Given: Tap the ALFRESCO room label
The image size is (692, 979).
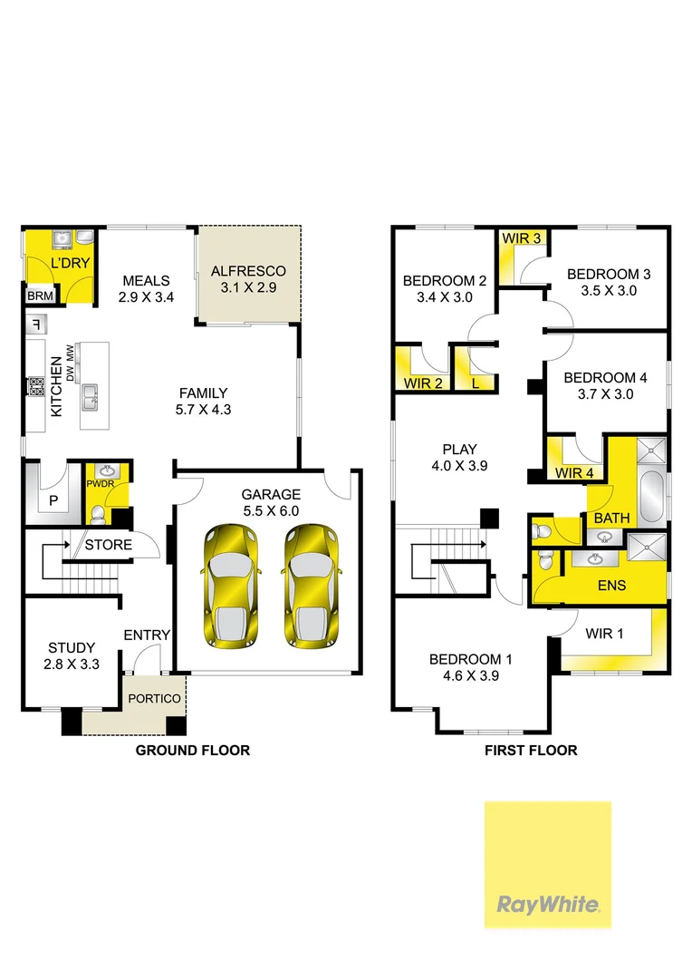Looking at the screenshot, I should pyautogui.click(x=248, y=271).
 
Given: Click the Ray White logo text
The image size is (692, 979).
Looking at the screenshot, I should pyautogui.click(x=547, y=904).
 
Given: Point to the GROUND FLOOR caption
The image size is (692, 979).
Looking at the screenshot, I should pyautogui.click(x=192, y=751).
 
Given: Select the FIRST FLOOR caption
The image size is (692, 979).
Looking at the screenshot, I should pyautogui.click(x=531, y=751).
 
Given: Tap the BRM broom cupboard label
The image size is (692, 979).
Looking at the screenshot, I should pyautogui.click(x=39, y=296).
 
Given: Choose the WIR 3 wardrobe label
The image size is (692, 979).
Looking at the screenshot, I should pyautogui.click(x=522, y=237).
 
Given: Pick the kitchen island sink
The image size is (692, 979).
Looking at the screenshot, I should pyautogui.click(x=91, y=395).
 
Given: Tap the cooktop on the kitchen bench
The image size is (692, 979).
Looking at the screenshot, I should pyautogui.click(x=37, y=387).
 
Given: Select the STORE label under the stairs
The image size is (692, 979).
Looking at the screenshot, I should pyautogui.click(x=108, y=546).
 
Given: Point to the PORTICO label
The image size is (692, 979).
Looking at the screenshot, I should pyautogui.click(x=153, y=699).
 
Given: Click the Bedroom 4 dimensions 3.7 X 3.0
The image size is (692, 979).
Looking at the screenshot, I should pyautogui.click(x=598, y=394).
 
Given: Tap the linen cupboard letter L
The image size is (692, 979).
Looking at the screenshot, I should pyautogui.click(x=475, y=383).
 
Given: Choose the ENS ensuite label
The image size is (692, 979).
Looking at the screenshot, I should pyautogui.click(x=611, y=586).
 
